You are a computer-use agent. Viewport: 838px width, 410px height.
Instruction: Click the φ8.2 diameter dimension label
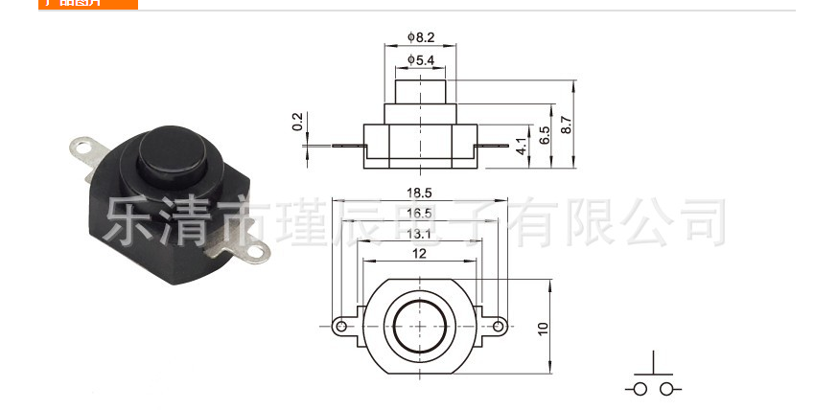421,36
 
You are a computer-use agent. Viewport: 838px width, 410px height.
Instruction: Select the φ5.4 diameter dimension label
421,60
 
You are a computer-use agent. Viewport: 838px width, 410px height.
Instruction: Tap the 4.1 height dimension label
521,148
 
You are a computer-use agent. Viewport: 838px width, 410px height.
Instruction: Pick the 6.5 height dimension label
545,135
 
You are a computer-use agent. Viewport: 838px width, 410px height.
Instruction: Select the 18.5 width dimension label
419,193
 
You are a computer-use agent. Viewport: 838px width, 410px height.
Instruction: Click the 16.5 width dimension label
419,213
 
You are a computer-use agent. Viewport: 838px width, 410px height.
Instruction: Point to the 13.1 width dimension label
419,233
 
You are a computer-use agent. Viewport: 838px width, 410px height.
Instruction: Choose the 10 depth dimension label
544,328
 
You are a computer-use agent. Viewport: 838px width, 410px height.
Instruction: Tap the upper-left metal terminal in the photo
86,149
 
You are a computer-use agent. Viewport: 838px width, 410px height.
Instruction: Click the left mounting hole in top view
340,327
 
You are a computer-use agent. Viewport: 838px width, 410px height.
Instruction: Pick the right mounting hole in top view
498,327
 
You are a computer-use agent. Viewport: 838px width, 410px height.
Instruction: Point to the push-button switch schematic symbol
655,376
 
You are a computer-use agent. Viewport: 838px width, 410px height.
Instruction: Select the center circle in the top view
419,327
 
